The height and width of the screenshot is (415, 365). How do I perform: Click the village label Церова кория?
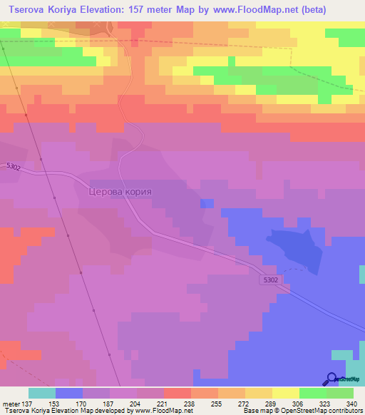pos(120,192)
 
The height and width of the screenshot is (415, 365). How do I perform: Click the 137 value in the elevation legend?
pos(27,403)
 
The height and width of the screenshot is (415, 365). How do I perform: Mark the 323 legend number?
pos(325,403)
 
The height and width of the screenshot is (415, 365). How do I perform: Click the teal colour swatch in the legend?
pos(41,393)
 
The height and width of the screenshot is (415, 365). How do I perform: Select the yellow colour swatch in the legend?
pos(285,393)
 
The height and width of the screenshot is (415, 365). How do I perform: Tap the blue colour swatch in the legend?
pos(68,393)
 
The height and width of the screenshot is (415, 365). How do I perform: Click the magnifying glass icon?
pos(331,378)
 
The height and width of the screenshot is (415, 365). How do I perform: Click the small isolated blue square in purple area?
pos(207,203)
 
